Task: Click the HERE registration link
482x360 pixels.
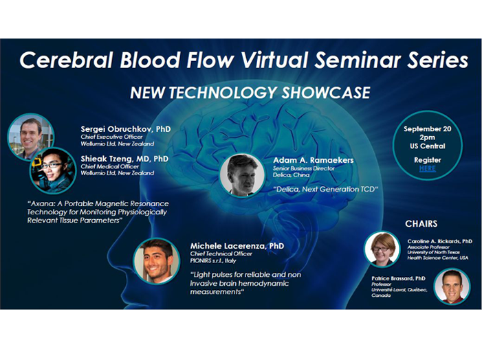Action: pyautogui.click(x=427, y=168)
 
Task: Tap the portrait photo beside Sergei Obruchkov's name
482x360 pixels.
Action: pyautogui.click(x=30, y=137)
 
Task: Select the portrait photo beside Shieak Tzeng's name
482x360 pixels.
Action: pyautogui.click(x=53, y=171)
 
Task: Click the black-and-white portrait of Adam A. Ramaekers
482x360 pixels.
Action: pyautogui.click(x=242, y=175)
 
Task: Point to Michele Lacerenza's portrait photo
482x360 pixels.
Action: pyautogui.click(x=157, y=261)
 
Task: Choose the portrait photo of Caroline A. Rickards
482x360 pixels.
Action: pyautogui.click(x=382, y=249)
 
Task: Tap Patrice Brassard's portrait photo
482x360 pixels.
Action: pyautogui.click(x=452, y=286)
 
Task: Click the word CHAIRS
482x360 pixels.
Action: pyautogui.click(x=421, y=223)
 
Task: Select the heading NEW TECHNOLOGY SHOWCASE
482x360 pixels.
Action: pyautogui.click(x=250, y=93)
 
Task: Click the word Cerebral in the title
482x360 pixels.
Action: pyautogui.click(x=66, y=59)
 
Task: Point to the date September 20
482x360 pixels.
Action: pyautogui.click(x=427, y=128)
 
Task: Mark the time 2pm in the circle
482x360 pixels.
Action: pyautogui.click(x=427, y=137)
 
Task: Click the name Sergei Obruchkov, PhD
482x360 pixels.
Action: pyautogui.click(x=126, y=128)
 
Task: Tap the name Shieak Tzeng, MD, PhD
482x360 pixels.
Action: pyautogui.click(x=124, y=159)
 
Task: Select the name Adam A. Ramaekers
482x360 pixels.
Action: pyautogui.click(x=314, y=160)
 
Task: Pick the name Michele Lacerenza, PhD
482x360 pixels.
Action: pyautogui.click(x=237, y=246)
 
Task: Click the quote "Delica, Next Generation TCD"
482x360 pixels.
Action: pyautogui.click(x=325, y=189)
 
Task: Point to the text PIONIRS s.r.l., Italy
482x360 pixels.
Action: pyautogui.click(x=213, y=260)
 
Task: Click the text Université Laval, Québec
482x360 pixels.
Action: pyautogui.click(x=399, y=290)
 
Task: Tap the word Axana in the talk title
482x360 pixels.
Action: pyautogui.click(x=41, y=203)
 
